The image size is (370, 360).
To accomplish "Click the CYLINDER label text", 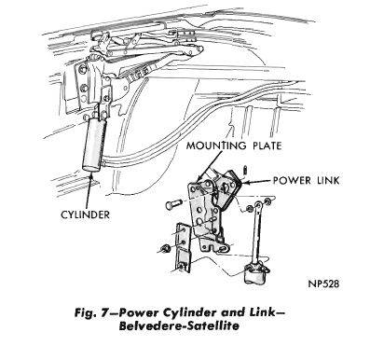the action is (x=85, y=215).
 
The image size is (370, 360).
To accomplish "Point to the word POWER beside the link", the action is (x=291, y=180).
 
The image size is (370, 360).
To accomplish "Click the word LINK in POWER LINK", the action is (x=327, y=180).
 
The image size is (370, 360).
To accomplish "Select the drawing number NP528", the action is (x=323, y=284).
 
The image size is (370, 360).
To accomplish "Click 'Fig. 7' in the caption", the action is (x=90, y=312).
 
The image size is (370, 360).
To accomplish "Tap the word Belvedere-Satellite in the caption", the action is (x=179, y=326).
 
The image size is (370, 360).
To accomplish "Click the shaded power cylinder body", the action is (x=93, y=144).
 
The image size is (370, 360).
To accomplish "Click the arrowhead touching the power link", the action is (x=243, y=182).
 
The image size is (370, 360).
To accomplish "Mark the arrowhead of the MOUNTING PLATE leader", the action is (x=201, y=177).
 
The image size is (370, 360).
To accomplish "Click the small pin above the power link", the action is (x=245, y=170).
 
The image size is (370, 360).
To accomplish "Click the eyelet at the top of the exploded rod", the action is (x=257, y=204).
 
